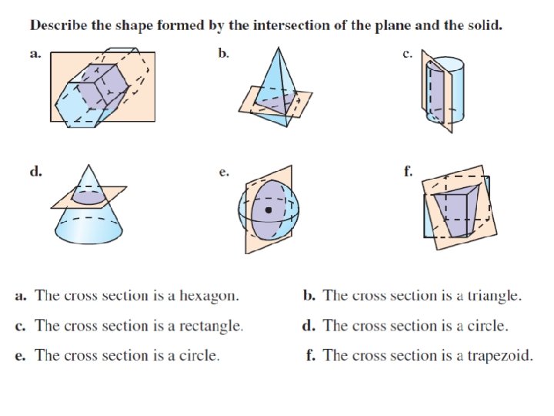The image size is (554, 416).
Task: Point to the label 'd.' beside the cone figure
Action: click(x=35, y=171)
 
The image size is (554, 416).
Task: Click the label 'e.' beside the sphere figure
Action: click(x=224, y=173)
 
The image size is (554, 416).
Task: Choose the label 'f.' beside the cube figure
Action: click(x=409, y=171)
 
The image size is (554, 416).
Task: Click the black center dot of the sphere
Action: click(x=268, y=210)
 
